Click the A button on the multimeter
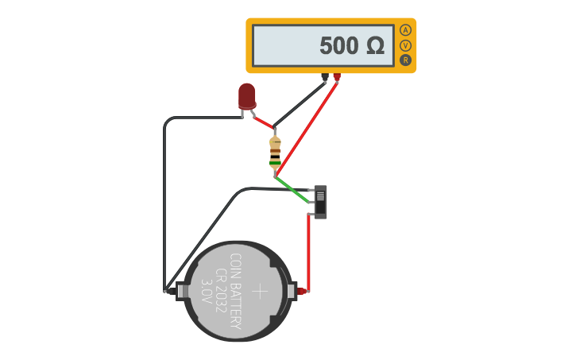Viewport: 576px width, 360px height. point(405,30)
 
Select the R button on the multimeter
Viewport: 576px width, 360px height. point(405,60)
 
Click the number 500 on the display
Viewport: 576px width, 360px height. point(339,46)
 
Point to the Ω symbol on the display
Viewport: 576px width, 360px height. point(376,46)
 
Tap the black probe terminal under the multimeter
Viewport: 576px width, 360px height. point(325,77)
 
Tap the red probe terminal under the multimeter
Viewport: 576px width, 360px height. point(337,77)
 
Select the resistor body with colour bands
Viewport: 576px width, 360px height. point(275,153)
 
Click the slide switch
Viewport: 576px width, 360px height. point(320,202)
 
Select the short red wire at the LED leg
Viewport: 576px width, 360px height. point(263,121)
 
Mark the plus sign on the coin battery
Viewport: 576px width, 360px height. point(260,291)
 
